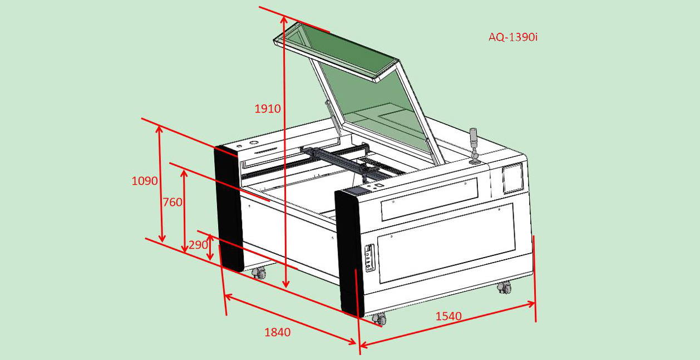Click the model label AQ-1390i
[513, 37]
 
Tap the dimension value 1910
[268, 109]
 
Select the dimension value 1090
[144, 181]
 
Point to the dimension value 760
[172, 202]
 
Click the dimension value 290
[198, 245]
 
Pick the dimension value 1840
[278, 332]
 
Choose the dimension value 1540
[448, 316]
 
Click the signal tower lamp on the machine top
[474, 146]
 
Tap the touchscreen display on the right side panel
[512, 179]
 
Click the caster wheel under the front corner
[379, 319]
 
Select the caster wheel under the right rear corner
[504, 287]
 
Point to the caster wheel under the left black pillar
[259, 273]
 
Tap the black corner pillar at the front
[349, 253]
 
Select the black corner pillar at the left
[229, 209]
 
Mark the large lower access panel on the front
[446, 243]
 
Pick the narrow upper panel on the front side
[430, 199]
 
